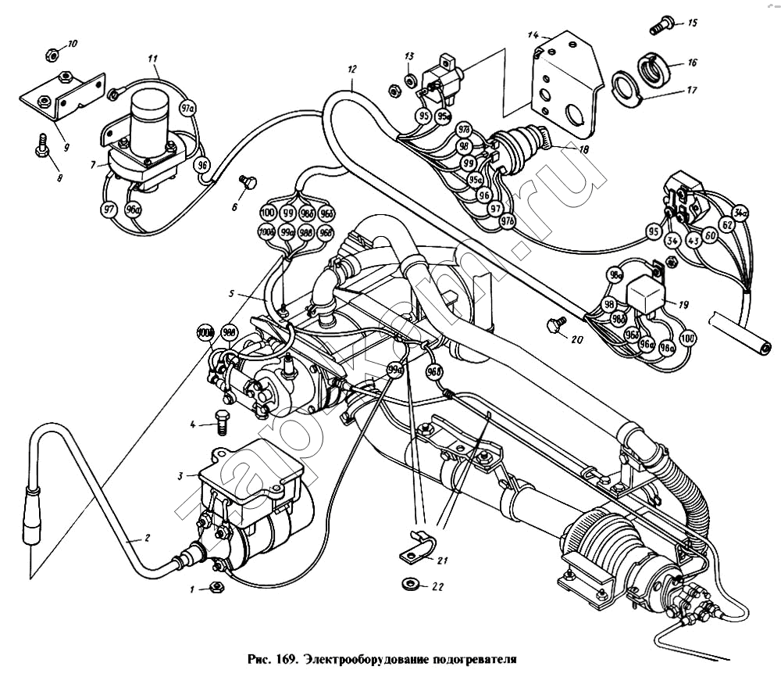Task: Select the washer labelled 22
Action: pos(407,583)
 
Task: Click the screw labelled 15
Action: pos(661,26)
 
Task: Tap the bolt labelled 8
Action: pos(43,145)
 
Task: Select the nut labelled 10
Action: pos(50,55)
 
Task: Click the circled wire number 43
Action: pos(692,241)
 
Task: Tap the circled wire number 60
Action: pos(710,235)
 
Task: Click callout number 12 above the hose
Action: pos(351,70)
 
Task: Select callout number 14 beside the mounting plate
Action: pos(533,34)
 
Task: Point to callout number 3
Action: pos(180,475)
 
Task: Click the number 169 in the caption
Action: pos(283,659)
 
